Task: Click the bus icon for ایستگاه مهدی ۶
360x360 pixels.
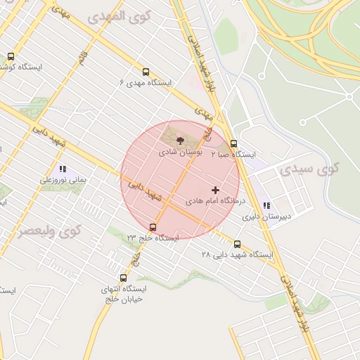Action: click(146, 72)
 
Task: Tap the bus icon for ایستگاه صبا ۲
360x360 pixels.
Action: click(234, 143)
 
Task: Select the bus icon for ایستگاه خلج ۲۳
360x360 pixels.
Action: click(153, 226)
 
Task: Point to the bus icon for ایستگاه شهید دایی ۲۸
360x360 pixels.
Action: click(236, 244)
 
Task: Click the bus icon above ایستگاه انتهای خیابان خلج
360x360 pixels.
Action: click(124, 278)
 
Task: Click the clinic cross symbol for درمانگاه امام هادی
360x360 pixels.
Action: click(215, 190)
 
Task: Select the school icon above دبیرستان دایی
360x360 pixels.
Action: click(266, 206)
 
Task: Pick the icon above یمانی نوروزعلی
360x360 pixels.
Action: click(62, 169)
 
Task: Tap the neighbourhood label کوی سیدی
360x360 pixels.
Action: click(309, 169)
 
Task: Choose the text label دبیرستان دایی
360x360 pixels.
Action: click(266, 217)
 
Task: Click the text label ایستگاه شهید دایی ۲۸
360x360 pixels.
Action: click(237, 255)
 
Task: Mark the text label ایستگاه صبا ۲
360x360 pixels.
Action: click(234, 154)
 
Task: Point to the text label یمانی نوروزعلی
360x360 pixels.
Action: click(63, 180)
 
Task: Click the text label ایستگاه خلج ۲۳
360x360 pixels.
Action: click(153, 238)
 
